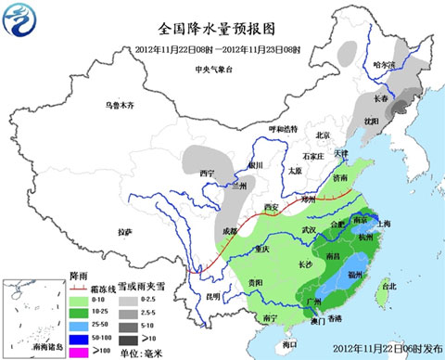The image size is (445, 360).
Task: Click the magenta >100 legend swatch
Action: (x=82, y=350)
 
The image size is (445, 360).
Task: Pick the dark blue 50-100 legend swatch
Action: (x=82, y=339)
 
